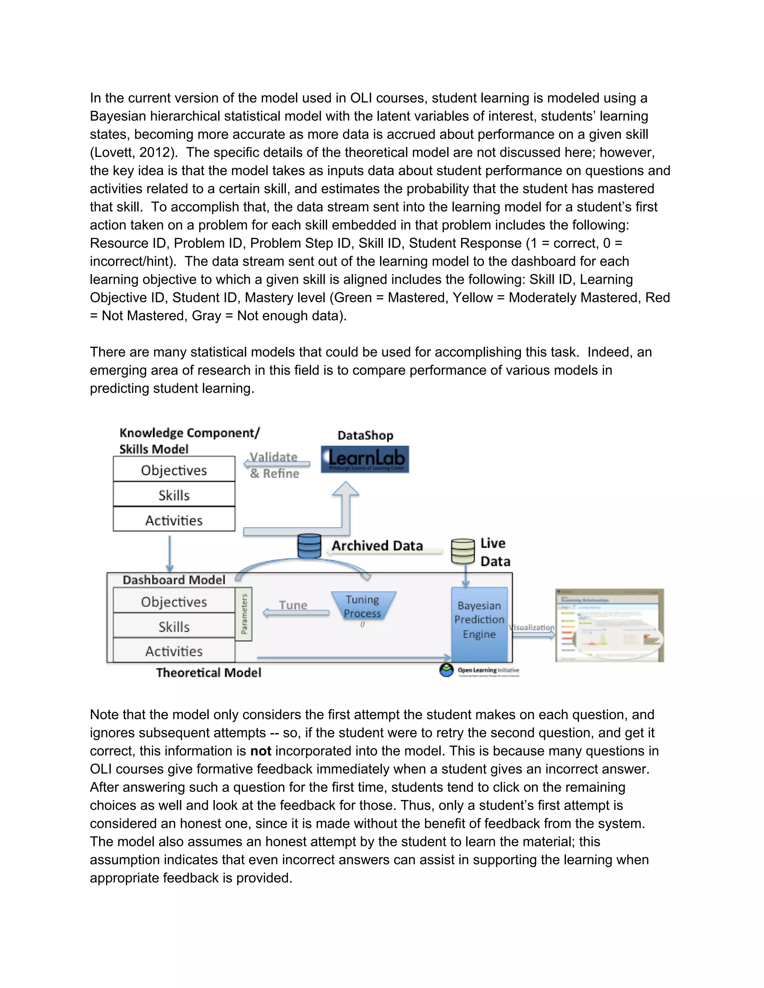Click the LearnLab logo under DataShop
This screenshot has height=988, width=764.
(x=365, y=459)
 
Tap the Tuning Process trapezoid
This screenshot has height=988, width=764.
(x=363, y=606)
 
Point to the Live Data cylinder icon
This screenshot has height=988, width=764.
(x=463, y=551)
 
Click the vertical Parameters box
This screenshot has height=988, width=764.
(x=244, y=614)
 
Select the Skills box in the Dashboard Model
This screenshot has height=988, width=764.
(x=174, y=627)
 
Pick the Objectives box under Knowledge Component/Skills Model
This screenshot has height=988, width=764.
(x=174, y=470)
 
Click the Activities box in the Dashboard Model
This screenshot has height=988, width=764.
(x=174, y=651)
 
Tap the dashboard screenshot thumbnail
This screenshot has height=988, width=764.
(x=609, y=625)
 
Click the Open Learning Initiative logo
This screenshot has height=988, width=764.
(x=479, y=670)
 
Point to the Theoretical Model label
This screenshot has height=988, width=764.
(x=209, y=673)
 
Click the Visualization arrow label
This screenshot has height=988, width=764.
(x=532, y=627)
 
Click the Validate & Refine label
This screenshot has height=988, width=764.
(x=274, y=465)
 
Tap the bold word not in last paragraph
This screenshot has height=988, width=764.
(x=261, y=751)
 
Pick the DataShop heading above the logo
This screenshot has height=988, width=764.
(x=365, y=435)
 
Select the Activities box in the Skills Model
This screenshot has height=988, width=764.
(x=174, y=520)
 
